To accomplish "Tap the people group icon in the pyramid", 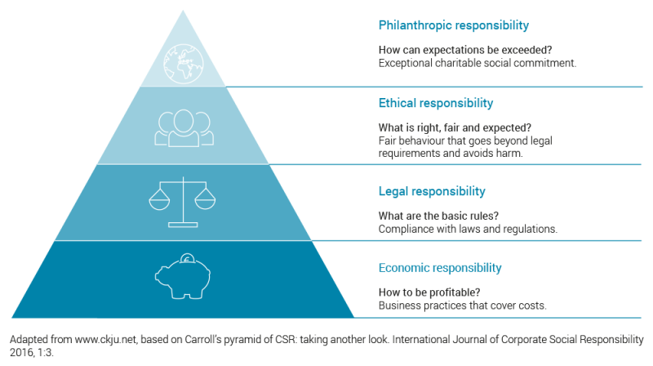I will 184,125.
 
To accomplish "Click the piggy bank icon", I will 183,275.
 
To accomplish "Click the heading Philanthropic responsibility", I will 454,25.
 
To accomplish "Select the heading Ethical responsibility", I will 436,104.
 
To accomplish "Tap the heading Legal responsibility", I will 432,191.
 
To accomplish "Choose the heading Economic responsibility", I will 451,268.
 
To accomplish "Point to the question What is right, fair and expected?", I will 455,127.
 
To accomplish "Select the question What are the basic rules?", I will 438,216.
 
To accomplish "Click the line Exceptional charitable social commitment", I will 478,62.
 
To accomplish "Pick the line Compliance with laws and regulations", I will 468,229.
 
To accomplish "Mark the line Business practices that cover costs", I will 462,306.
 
